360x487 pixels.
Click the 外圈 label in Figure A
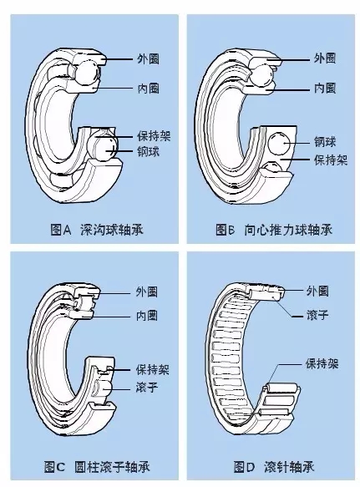[x=148, y=58]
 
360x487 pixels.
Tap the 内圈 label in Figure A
[x=148, y=89]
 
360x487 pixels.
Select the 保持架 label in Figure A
[x=154, y=136]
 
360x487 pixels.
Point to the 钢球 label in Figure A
[x=148, y=151]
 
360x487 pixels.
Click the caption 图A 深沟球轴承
[x=97, y=230]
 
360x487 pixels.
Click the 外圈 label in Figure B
[x=325, y=58]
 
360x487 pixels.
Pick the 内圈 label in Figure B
[x=325, y=89]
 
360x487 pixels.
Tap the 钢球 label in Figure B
[x=325, y=142]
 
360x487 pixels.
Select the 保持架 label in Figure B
[x=331, y=160]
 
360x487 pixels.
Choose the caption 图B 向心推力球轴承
[x=274, y=230]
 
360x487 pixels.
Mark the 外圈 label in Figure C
[x=147, y=292]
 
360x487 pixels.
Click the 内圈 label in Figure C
[x=147, y=316]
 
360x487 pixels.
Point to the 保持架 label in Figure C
[x=153, y=369]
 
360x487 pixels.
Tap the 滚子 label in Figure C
[x=147, y=387]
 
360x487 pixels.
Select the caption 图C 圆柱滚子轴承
[x=97, y=467]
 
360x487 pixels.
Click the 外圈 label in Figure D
[x=317, y=291]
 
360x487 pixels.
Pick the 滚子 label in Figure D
[x=317, y=315]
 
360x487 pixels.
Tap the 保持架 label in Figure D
[x=322, y=363]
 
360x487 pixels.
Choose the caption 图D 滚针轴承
[x=274, y=467]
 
